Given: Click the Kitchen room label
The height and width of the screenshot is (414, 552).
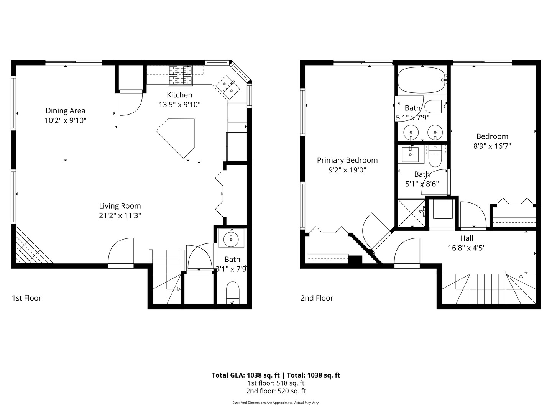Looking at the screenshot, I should (x=179, y=95).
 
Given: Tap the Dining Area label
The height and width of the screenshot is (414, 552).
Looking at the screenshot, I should (x=65, y=111).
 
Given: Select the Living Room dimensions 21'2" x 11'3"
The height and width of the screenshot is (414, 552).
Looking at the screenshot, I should (x=120, y=215).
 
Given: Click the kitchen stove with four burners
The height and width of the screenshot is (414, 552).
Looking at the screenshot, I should (x=180, y=75).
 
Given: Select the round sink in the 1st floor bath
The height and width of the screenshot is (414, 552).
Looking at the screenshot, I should (x=231, y=240).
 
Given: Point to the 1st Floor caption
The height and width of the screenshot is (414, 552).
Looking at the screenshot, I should (x=26, y=298).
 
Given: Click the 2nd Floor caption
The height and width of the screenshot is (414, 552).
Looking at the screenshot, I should (x=317, y=298).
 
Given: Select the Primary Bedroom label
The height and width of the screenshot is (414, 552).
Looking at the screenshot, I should (x=347, y=160).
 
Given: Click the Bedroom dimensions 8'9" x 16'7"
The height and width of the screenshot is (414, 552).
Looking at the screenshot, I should (x=492, y=146).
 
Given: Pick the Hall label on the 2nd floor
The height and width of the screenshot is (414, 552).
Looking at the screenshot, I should (x=467, y=238).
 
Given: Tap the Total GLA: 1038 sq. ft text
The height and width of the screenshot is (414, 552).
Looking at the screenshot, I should (x=245, y=375).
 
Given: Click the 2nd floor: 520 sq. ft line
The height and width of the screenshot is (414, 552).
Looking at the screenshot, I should (x=276, y=391).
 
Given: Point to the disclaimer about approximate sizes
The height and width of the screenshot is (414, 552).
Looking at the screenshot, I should (x=276, y=402).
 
